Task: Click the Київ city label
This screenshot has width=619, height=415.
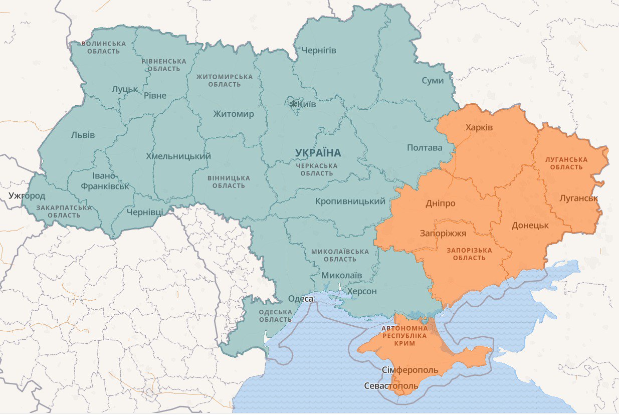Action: point(307,104)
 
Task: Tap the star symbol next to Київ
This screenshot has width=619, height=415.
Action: point(294,104)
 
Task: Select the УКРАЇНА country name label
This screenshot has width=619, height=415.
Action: point(318,152)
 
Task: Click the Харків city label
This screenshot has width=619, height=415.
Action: point(479,127)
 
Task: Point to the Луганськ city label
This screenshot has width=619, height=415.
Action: point(579,198)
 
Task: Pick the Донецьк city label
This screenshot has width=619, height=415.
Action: point(530,225)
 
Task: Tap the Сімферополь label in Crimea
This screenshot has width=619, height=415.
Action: point(410,370)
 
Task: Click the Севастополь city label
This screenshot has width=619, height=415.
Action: point(391,386)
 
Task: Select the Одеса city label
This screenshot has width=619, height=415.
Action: point(301,299)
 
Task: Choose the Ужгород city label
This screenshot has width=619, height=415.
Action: point(27,195)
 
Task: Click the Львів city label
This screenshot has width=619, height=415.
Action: point(83,135)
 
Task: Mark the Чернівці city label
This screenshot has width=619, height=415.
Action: point(144,212)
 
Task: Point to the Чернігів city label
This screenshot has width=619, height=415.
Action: point(319,51)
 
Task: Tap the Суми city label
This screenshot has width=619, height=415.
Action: point(432,80)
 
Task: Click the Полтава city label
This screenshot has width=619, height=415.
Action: point(425,147)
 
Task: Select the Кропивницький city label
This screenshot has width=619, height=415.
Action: point(350,201)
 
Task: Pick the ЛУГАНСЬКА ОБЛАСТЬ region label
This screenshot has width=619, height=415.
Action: point(566,163)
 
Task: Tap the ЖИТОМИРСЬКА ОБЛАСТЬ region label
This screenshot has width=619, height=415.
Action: point(225,80)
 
